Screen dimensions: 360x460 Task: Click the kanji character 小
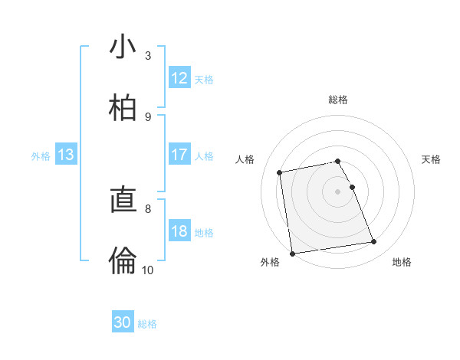coord(123,48)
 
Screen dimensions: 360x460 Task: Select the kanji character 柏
coord(123,109)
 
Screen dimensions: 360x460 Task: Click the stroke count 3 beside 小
coord(148,56)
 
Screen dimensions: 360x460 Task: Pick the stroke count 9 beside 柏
coord(148,116)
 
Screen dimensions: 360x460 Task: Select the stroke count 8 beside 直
coord(148,208)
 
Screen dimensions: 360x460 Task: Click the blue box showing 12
coord(179,78)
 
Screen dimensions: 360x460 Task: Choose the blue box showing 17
coord(179,155)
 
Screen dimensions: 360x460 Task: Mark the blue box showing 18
coord(179,231)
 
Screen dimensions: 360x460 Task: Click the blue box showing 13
coord(66,155)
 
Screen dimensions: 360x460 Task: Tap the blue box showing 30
coord(123,322)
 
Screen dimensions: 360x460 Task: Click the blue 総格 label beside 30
coord(147,324)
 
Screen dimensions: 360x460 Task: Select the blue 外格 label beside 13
coord(41,156)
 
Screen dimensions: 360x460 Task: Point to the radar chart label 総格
coord(338,100)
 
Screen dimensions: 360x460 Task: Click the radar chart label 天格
coord(432,159)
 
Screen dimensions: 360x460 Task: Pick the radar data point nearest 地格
coord(374,242)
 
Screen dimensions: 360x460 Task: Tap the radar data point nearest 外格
coord(292,253)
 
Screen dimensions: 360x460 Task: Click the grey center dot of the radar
coord(338,191)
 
